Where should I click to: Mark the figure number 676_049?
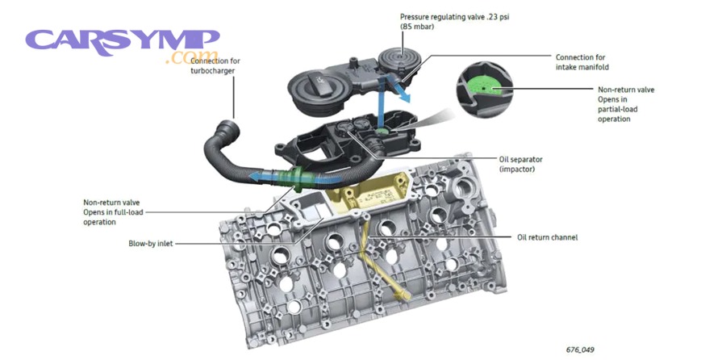pos(581,349)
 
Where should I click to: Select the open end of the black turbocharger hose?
pos(228,128)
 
